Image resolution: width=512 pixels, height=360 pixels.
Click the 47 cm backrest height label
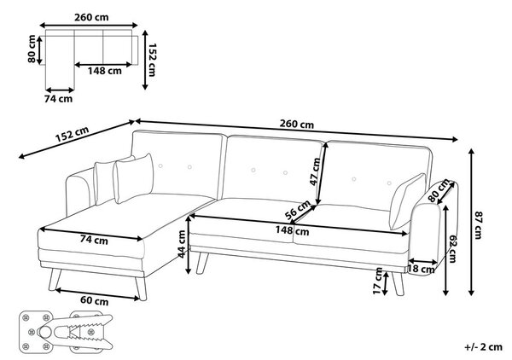pyautogui.click(x=316, y=171)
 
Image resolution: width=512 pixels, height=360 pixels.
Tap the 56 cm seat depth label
pyautogui.click(x=298, y=210)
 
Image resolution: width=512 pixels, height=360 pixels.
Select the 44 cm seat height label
pyautogui.click(x=181, y=244)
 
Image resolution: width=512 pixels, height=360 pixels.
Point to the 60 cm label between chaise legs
pyautogui.click(x=94, y=300)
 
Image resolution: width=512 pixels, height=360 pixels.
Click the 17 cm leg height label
pyautogui.click(x=377, y=281)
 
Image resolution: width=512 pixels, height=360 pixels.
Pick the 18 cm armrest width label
pyautogui.click(x=422, y=269)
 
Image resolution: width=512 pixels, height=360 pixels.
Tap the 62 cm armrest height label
pyautogui.click(x=452, y=249)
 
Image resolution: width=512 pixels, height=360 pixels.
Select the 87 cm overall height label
pyautogui.click(x=478, y=225)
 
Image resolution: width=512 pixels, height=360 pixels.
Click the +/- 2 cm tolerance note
pyautogui.click(x=483, y=346)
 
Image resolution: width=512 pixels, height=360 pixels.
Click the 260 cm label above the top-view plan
pyautogui.click(x=91, y=17)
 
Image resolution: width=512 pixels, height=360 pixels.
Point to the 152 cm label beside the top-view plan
pyautogui.click(x=152, y=60)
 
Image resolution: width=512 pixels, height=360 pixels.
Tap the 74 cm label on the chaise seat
pyautogui.click(x=94, y=240)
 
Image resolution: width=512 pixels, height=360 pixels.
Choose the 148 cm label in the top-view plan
pyautogui.click(x=104, y=71)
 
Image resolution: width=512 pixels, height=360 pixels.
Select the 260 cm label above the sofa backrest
pyautogui.click(x=296, y=124)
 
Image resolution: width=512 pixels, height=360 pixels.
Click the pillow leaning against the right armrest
pyautogui.click(x=408, y=201)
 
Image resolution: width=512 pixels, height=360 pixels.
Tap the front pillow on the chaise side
pyautogui.click(x=133, y=178)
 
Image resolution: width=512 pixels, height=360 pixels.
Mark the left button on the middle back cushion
pyautogui.click(x=253, y=170)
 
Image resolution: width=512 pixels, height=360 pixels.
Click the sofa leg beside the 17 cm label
pyautogui.click(x=398, y=283)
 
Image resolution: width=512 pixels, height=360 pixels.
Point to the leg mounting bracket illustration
pyautogui.click(x=66, y=332)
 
